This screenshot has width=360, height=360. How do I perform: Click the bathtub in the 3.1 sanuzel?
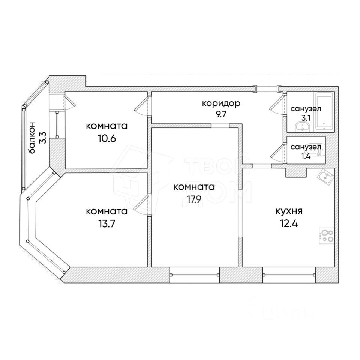point(324,111)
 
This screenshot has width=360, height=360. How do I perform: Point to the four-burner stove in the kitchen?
point(327,236)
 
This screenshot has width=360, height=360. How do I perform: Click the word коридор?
point(220,103)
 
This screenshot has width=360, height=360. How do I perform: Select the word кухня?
point(287,211)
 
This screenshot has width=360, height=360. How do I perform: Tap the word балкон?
point(33,138)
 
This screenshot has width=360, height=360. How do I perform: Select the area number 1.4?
point(305,157)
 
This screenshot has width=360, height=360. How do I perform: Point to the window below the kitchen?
point(289,274)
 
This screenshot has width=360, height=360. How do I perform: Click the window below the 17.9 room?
point(194,274)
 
